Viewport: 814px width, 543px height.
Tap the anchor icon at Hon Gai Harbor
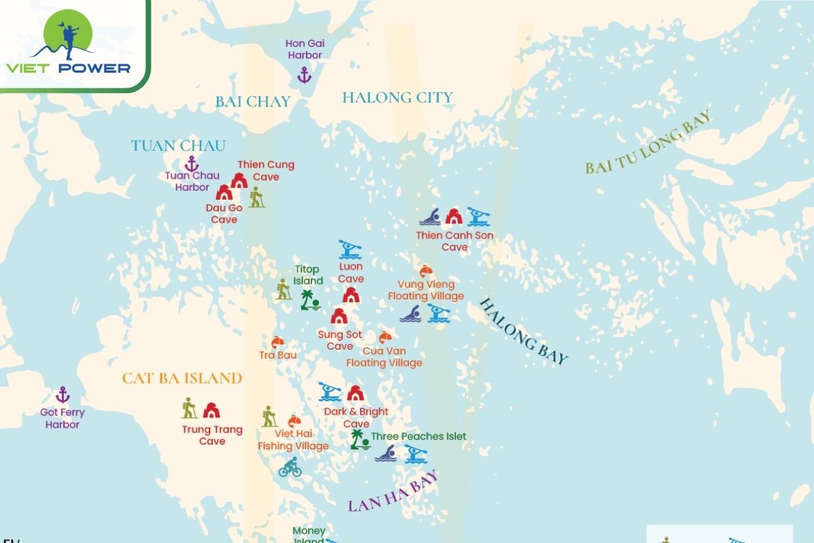304,75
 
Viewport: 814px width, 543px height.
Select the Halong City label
397,97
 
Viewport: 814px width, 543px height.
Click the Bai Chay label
253,102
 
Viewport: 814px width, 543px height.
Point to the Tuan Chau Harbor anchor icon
191,163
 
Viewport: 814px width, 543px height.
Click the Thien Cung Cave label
266,170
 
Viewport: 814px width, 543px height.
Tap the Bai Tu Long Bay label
648,143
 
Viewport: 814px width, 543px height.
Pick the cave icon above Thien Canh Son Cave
453,217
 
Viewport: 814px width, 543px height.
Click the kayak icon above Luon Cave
349,249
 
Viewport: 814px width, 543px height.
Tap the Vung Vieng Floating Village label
426,290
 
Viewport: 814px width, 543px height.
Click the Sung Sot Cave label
340,340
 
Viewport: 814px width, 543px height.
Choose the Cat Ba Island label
182,378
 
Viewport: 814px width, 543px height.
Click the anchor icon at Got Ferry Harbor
62,394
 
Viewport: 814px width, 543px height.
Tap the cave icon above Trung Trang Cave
212,410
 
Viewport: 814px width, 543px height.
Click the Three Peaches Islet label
419,436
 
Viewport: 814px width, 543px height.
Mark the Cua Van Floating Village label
384,356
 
